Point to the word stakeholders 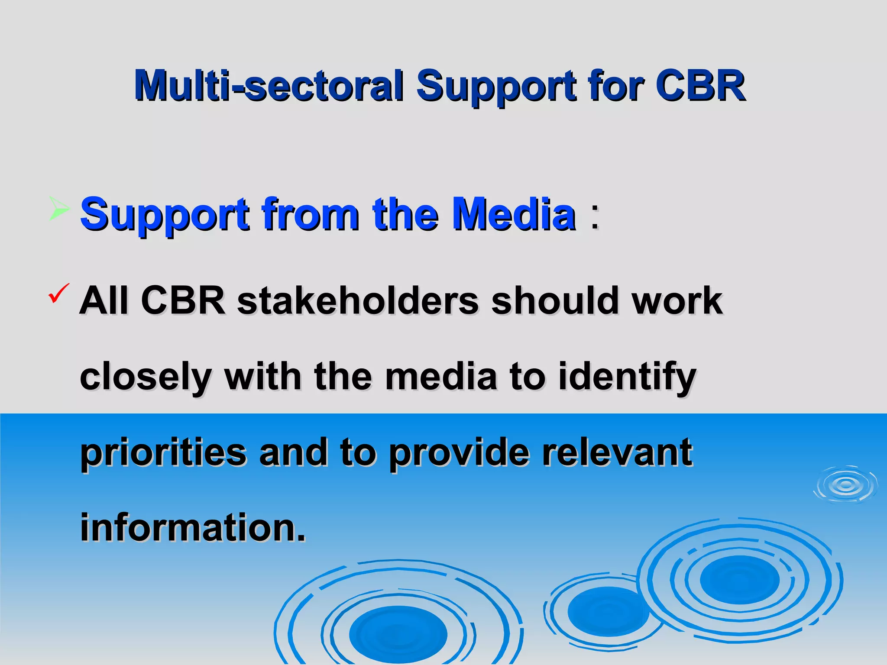click(358, 300)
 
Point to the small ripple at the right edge click(845, 485)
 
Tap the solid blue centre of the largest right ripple click(739, 579)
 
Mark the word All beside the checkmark click(104, 300)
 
